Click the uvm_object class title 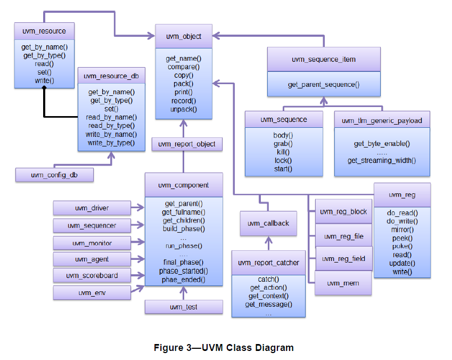(184, 36)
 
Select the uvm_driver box (92, 208)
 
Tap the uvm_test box (184, 307)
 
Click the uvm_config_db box (54, 175)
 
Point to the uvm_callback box (268, 223)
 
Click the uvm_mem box (342, 283)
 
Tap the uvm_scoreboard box (92, 275)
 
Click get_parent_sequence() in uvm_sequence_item (324, 84)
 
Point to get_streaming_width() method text (382, 160)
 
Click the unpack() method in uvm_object (184, 109)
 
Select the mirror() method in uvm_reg (402, 230)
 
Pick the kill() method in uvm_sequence (283, 152)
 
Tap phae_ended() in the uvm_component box (184, 279)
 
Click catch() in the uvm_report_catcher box (268, 279)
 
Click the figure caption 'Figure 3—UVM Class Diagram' (224, 348)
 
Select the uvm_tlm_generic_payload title (382, 120)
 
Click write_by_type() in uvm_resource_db (111, 143)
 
